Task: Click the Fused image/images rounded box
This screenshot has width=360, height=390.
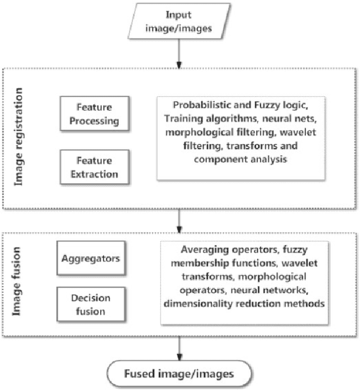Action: (x=179, y=373)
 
